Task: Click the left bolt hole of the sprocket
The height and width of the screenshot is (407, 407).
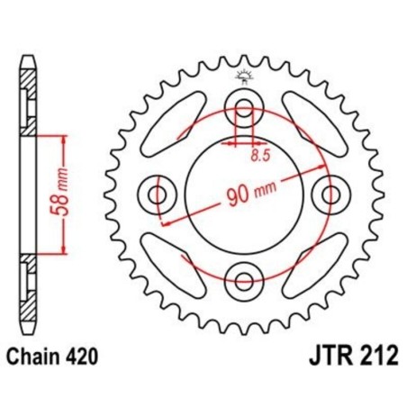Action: pos(158,194)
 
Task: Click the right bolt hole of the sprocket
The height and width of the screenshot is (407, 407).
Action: pos(331,194)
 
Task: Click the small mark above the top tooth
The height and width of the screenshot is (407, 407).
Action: pos(244,75)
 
